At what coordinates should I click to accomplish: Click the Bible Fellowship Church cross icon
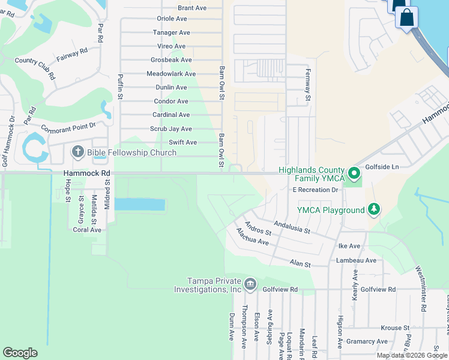[x=78, y=152]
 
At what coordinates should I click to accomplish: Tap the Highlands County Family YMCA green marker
[x=354, y=175]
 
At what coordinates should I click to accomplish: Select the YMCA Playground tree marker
[x=374, y=209]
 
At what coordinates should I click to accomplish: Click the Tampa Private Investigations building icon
[x=250, y=283]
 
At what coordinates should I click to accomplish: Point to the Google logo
[x=20, y=353]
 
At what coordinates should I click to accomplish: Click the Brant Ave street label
[x=192, y=8]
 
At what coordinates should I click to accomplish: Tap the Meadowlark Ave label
[x=171, y=74]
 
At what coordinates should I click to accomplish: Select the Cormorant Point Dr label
[x=68, y=127]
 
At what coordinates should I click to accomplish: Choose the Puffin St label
[x=121, y=86]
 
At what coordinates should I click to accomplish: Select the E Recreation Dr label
[x=316, y=190]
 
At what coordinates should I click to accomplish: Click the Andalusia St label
[x=291, y=227]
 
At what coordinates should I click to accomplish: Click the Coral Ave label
[x=87, y=230]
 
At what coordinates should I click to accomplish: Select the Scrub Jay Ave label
[x=170, y=129]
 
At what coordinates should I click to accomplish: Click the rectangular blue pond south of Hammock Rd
[x=139, y=205]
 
